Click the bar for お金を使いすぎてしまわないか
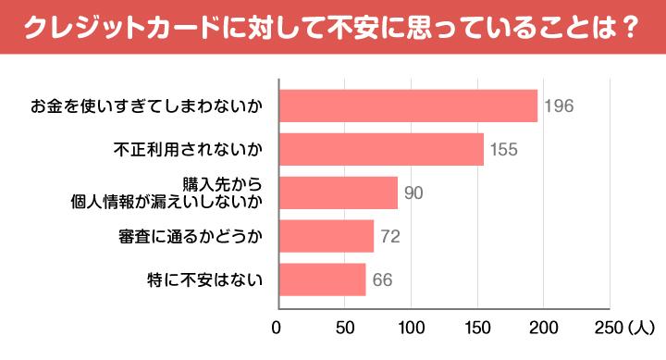pyautogui.click(x=407, y=106)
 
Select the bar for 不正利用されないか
pyautogui.click(x=380, y=149)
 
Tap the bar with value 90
pyautogui.click(x=337, y=192)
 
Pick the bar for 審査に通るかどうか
pyautogui.click(x=325, y=236)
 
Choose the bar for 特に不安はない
pyautogui.click(x=321, y=279)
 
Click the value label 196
pyautogui.click(x=559, y=106)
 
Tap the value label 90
pyautogui.click(x=413, y=192)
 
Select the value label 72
pyautogui.click(x=389, y=236)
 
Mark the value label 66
pyautogui.click(x=383, y=279)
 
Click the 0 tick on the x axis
pyautogui.click(x=277, y=327)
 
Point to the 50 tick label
pyautogui.click(x=343, y=327)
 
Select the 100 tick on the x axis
pyautogui.click(x=410, y=327)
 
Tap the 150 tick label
pyautogui.click(x=477, y=327)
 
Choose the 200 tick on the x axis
pyautogui.click(x=544, y=327)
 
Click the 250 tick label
pyautogui.click(x=610, y=327)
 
